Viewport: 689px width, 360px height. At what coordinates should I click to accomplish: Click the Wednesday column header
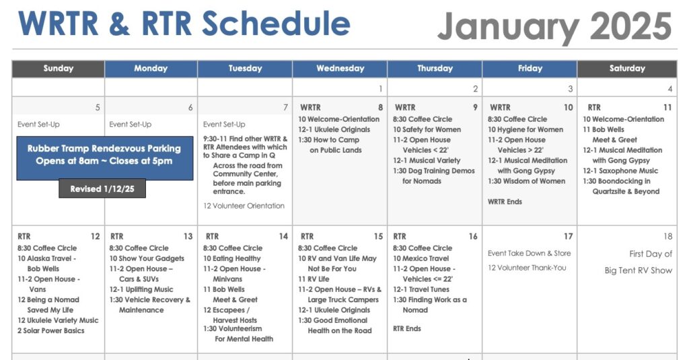point(340,69)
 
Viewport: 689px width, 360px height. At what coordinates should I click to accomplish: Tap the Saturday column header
point(627,69)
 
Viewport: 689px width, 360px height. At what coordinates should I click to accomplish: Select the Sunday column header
point(58,69)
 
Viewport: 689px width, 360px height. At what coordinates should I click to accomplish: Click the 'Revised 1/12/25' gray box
point(102,188)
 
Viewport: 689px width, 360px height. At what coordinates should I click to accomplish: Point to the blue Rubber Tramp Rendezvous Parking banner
point(104,158)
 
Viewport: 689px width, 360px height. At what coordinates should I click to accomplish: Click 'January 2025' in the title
point(554,26)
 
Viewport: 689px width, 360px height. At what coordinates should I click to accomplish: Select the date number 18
point(667,236)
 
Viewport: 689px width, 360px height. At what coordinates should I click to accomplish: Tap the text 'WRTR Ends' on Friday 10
point(505,202)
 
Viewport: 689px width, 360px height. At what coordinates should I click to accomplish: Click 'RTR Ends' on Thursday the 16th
point(407,328)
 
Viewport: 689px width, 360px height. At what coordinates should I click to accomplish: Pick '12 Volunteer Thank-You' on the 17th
point(527,268)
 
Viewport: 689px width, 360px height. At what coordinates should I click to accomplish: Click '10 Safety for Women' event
point(427,130)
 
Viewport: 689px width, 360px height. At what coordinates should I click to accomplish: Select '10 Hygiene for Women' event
point(525,130)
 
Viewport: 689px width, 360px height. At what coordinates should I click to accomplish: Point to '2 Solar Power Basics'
point(51,330)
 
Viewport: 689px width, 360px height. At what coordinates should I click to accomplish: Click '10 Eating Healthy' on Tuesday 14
point(231,258)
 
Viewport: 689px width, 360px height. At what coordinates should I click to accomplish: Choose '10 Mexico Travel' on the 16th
point(421,258)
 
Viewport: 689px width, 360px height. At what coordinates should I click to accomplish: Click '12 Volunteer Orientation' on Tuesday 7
point(244,206)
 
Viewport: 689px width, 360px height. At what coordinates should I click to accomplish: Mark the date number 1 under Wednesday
point(381,89)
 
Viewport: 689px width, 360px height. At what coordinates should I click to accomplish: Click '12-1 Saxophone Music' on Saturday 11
point(620,170)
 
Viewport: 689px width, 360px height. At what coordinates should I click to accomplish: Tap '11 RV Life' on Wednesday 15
point(314,279)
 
